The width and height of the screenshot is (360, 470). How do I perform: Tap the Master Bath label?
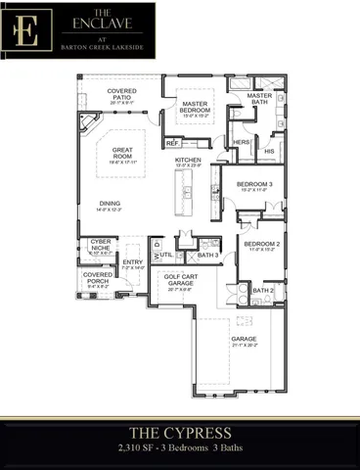coord(259,99)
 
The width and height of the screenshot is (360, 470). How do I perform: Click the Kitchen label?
coord(189,162)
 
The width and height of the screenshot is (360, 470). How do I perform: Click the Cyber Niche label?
coord(101,246)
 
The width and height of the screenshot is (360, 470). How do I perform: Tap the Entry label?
coord(132,262)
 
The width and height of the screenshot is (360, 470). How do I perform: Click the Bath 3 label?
coord(206,256)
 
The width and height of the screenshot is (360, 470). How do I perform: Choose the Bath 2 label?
coord(262,290)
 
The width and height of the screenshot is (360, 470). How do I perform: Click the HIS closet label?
coord(270,152)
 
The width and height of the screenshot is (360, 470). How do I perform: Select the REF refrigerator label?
coord(172,142)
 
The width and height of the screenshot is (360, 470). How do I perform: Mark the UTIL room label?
coord(166,254)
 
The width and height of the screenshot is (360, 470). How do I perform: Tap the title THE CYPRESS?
coord(179,431)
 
